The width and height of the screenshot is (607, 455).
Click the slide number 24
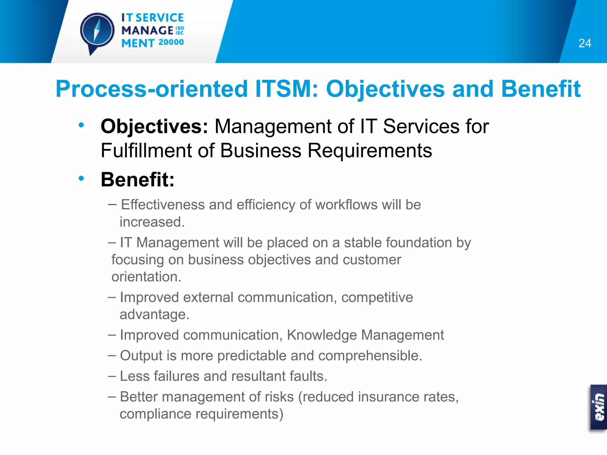tap(584, 43)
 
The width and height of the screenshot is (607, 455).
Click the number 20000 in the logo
tap(171, 42)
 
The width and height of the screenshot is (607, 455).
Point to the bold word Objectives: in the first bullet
tap(154, 126)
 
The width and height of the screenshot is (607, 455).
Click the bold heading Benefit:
tap(138, 180)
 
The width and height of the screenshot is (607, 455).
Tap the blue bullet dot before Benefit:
tap(81, 178)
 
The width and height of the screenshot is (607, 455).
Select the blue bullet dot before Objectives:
tap(81, 125)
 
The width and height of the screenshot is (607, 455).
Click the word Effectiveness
tap(163, 205)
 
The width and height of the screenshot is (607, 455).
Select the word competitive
tap(377, 297)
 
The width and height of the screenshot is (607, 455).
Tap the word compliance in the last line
tap(155, 414)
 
